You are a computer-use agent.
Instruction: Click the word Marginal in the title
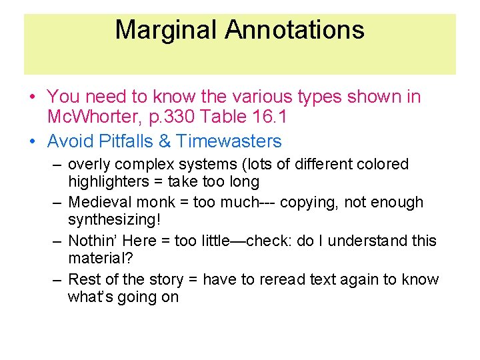[x=166, y=31]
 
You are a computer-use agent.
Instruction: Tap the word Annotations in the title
[x=295, y=31]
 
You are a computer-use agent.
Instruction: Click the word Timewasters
[x=229, y=141]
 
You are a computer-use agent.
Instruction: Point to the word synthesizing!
[x=114, y=220]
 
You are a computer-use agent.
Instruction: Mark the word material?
[x=98, y=259]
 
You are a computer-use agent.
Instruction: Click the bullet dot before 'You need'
[x=33, y=98]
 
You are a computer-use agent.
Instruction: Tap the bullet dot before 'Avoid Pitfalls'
[x=33, y=142]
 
